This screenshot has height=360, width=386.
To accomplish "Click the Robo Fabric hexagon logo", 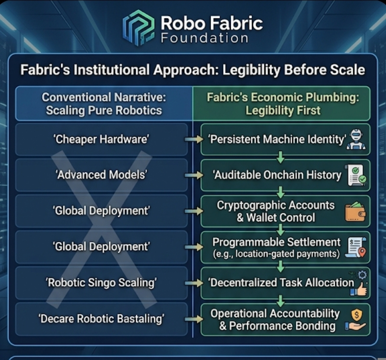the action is [138, 28].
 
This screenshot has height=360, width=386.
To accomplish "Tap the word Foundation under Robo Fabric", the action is [204, 39].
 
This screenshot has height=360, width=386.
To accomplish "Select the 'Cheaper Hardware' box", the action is [101, 139].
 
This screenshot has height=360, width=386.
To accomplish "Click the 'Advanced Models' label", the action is [101, 175].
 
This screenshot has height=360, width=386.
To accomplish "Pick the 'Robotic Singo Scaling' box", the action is [101, 282].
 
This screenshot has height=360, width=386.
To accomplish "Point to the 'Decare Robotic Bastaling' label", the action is [101, 318].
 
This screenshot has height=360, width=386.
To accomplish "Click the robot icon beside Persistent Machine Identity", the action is [356, 139].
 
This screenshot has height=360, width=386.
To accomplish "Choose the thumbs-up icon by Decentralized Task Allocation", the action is [358, 284].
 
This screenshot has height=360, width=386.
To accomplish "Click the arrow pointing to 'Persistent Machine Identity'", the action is [194, 139].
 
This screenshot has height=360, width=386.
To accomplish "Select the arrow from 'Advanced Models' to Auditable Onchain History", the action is [194, 175].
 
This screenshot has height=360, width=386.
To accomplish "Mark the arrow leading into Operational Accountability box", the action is [194, 319].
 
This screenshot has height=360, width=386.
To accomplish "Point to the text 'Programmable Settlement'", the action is [276, 242].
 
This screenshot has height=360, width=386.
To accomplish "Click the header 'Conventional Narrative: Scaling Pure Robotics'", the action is [104, 104].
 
